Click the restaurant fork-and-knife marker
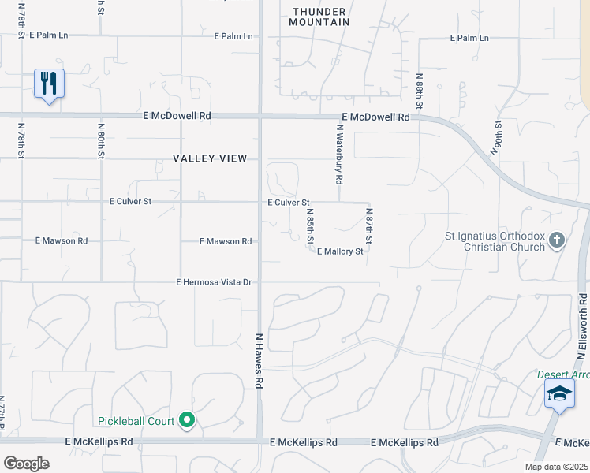(x=49, y=84)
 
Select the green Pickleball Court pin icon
(x=187, y=421)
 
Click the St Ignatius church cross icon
(x=557, y=240)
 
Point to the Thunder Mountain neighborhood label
(x=320, y=17)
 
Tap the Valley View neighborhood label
(x=210, y=158)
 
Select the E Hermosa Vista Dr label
(x=214, y=281)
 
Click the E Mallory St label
(x=340, y=251)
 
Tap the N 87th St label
(x=368, y=225)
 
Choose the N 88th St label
(x=420, y=91)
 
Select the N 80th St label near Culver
(x=101, y=140)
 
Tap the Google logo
(x=26, y=463)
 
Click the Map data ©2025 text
(x=555, y=466)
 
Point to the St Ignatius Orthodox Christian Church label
(x=495, y=241)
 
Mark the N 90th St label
(x=498, y=139)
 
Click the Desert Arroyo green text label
(x=563, y=374)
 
